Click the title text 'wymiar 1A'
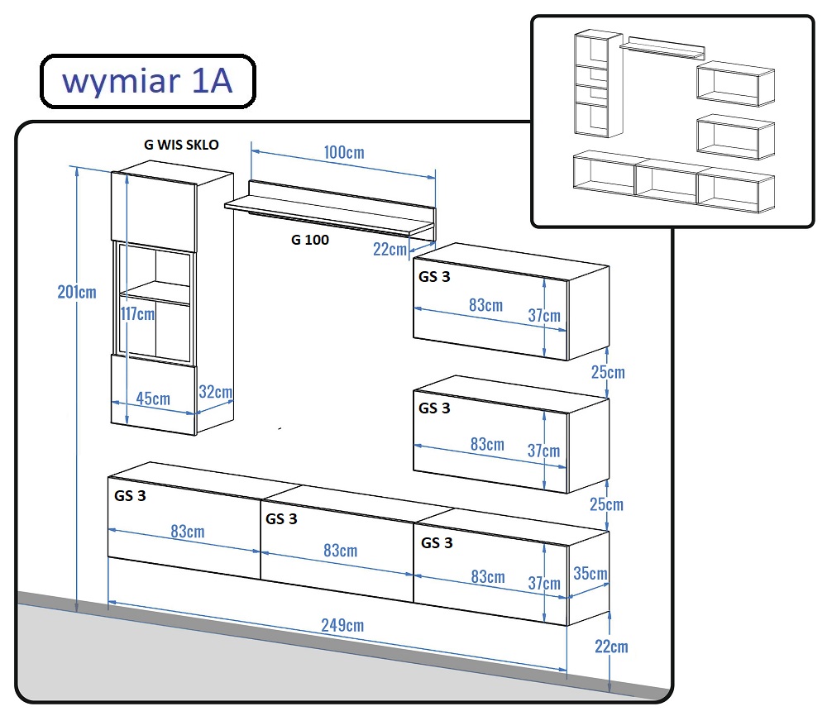click(148, 81)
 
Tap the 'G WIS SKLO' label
click(181, 145)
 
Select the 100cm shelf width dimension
click(344, 152)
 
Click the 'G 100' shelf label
click(310, 240)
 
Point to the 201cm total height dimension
click(77, 292)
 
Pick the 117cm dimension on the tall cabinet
click(137, 313)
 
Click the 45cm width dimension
click(153, 398)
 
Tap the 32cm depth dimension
click(216, 392)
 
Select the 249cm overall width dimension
click(343, 625)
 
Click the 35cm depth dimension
click(590, 573)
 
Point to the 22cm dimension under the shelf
click(390, 249)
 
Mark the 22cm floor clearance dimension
click(611, 647)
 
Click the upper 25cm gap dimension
click(608, 372)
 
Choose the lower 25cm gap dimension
click(606, 504)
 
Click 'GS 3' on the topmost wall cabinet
click(434, 277)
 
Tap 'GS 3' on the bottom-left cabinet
click(130, 495)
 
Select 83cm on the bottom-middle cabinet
click(340, 551)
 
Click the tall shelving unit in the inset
click(599, 84)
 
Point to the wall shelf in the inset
click(662, 49)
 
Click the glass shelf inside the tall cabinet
click(155, 293)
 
